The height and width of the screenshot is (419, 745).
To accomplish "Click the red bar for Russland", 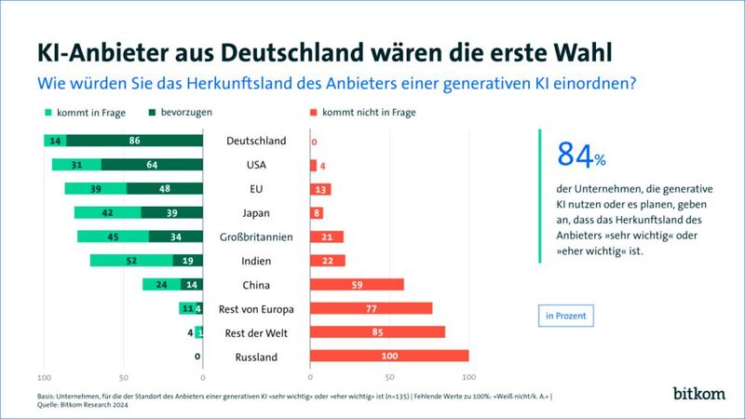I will tap(388, 356).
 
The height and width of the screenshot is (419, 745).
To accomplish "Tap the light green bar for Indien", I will tap(131, 261).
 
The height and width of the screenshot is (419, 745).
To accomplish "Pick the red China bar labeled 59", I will tap(356, 284).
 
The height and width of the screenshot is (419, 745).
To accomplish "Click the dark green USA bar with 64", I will tap(151, 165).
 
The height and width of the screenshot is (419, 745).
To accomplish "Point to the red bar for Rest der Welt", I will tap(376, 332).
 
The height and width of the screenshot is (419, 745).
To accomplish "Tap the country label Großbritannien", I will tap(255, 237).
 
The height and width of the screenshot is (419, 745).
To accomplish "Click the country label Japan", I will tap(255, 213).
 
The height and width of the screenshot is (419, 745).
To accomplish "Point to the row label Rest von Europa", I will tap(255, 309).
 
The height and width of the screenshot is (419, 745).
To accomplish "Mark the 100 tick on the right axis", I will tap(468, 377).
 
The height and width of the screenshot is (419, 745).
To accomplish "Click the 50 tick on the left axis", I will tap(123, 377).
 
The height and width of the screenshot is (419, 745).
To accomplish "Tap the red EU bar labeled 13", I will tap(319, 189).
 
